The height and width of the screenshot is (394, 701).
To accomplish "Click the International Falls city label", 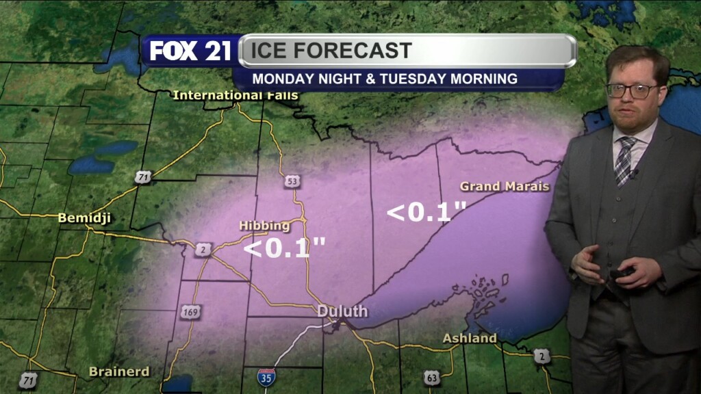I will click(235, 95).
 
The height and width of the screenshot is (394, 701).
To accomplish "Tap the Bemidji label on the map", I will click(84, 218).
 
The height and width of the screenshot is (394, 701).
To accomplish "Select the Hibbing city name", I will click(264, 226).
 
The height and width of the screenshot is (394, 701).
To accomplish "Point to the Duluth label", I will click(342, 311).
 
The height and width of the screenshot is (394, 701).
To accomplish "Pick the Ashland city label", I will click(470, 338).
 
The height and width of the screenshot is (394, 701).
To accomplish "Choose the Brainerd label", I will click(118, 371).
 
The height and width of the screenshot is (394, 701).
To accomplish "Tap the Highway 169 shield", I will click(190, 313).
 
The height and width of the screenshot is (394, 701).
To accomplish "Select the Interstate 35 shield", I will click(267, 376).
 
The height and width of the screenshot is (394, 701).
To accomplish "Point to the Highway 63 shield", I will click(431, 377).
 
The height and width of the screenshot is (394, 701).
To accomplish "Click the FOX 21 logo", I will click(190, 51).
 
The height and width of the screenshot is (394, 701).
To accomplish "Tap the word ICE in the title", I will click(272, 51).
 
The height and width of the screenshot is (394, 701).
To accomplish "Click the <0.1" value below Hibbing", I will click(285, 248).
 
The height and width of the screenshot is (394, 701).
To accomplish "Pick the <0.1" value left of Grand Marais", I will click(427, 211).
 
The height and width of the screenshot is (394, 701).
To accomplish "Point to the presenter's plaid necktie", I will click(624, 160).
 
